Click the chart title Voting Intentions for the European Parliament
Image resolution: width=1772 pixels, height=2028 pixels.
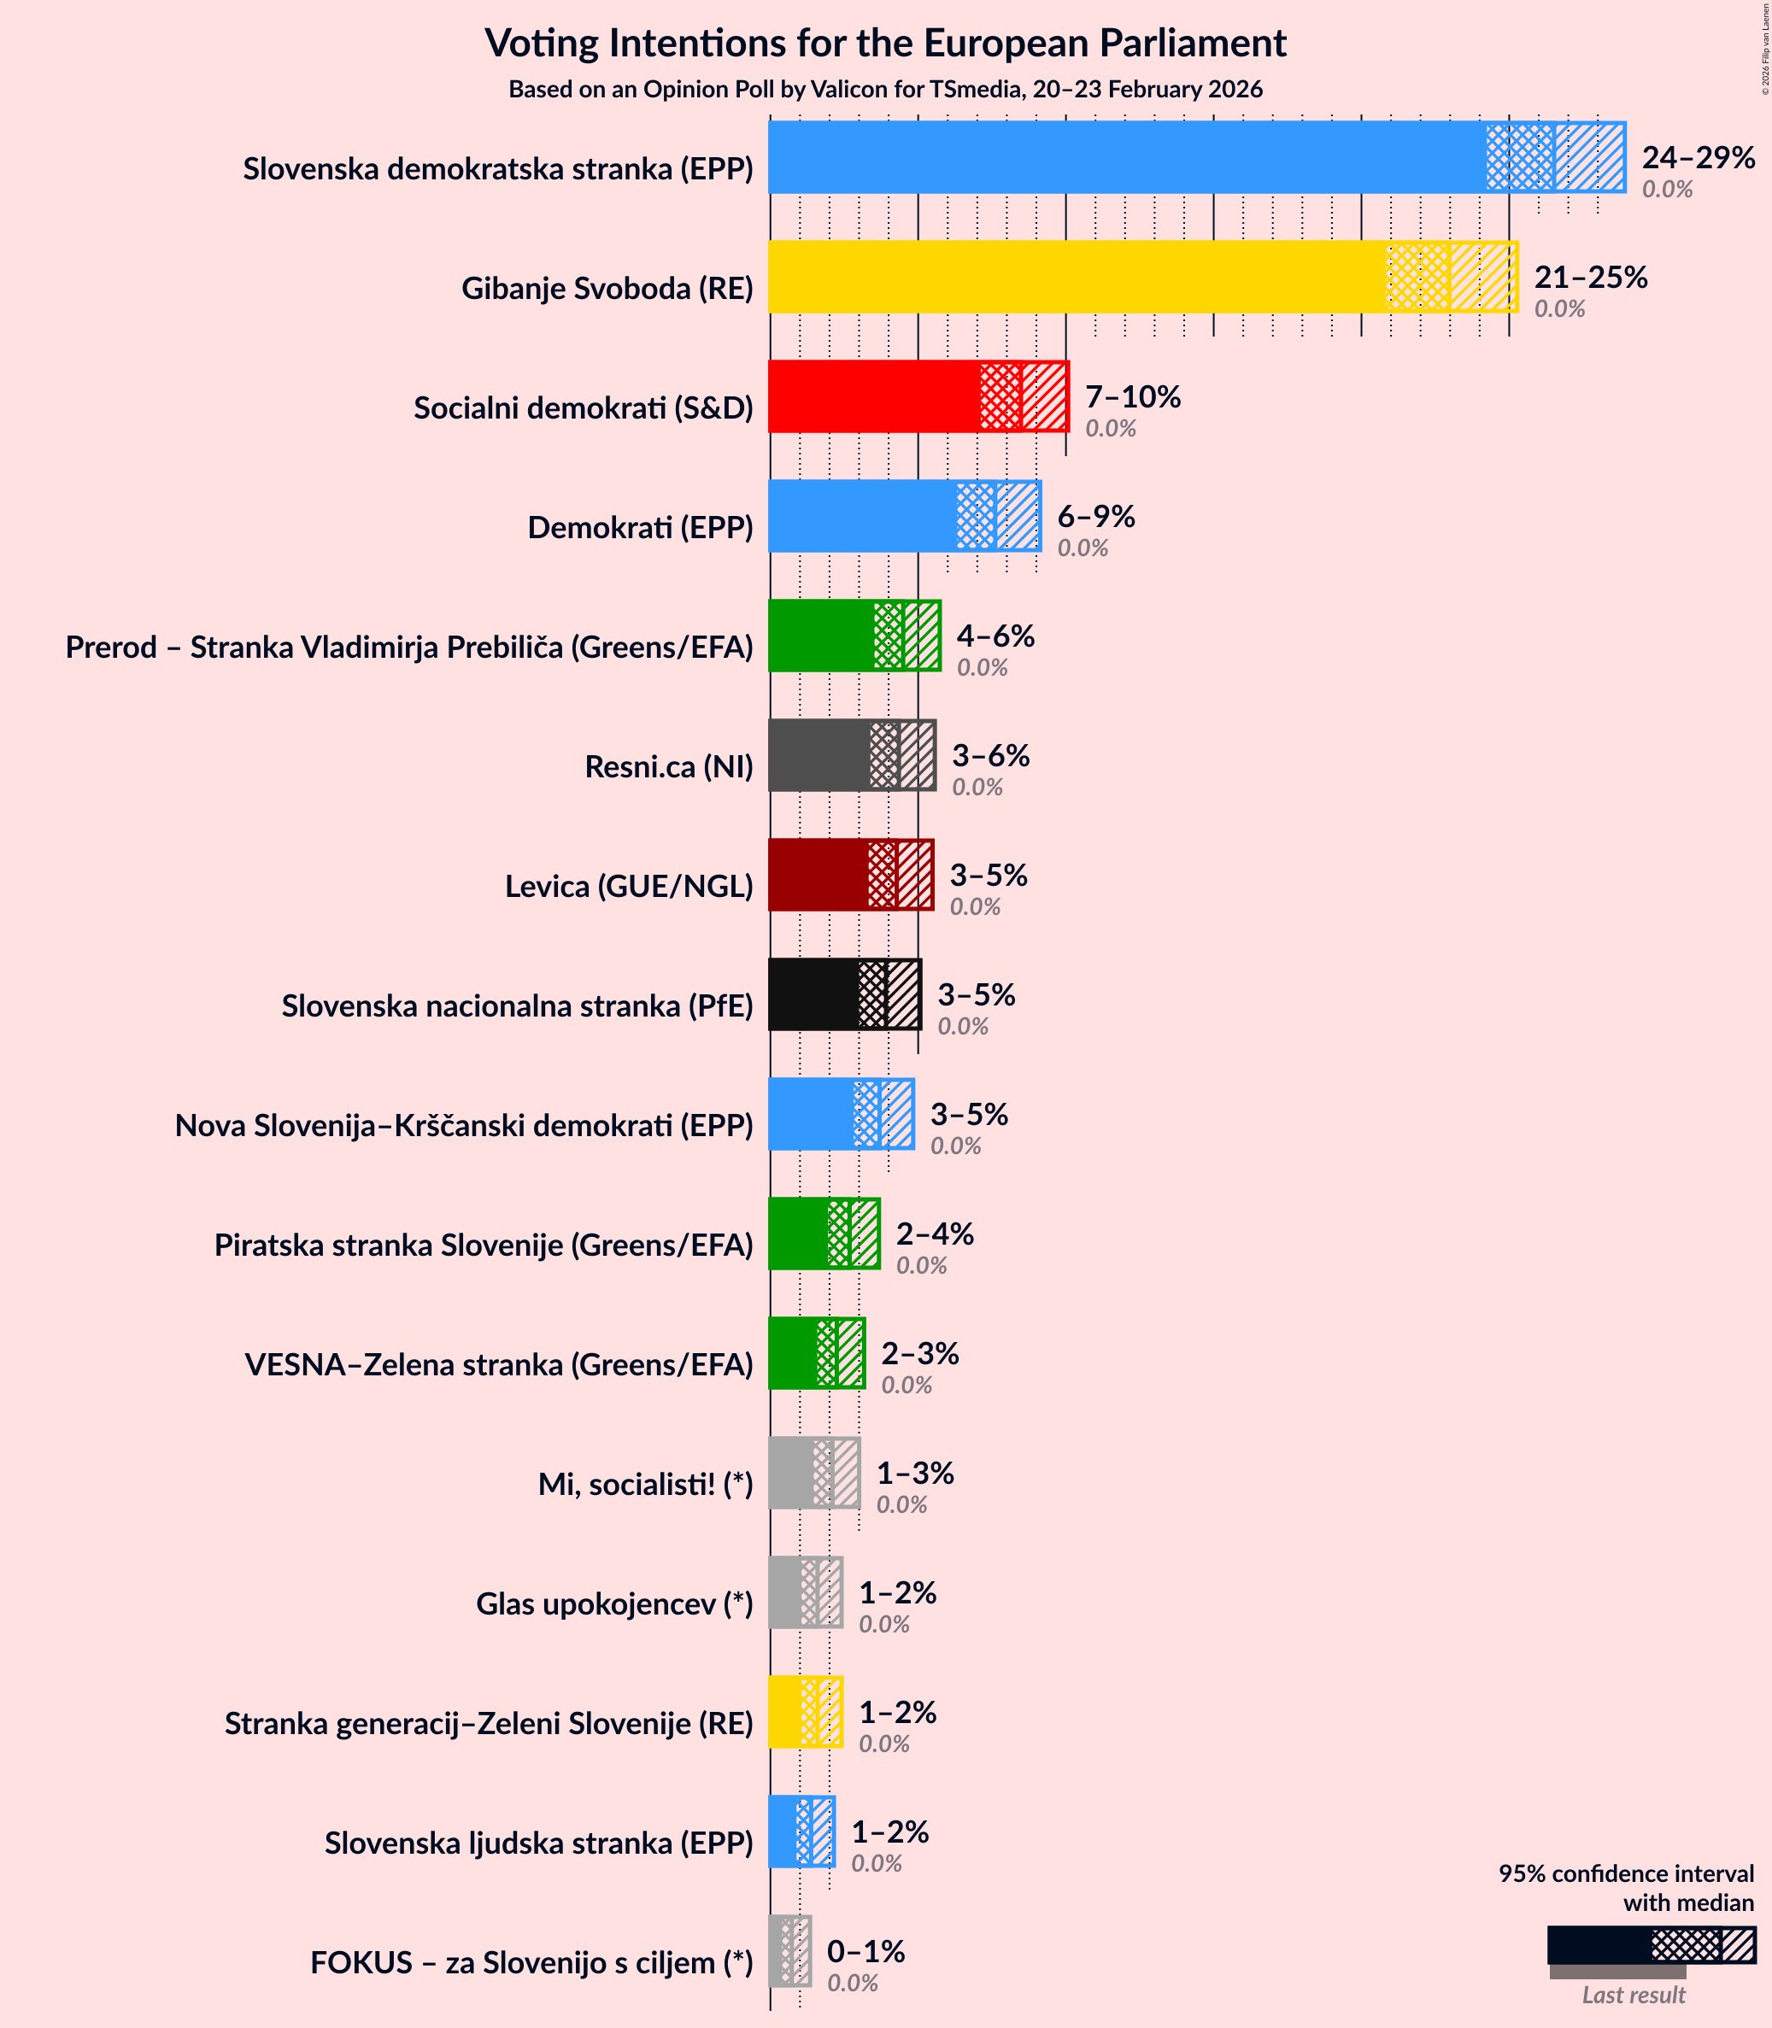pos(885,44)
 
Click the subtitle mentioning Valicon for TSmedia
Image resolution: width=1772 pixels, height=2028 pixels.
pos(885,90)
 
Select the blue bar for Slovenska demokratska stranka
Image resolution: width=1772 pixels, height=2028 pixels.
pos(1127,157)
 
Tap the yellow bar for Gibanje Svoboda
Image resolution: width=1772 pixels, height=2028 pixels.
pos(1078,277)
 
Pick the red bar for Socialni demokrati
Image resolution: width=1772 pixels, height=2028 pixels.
pos(874,396)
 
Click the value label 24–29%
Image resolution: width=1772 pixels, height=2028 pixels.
pos(1698,157)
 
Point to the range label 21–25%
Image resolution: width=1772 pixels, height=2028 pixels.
pos(1590,277)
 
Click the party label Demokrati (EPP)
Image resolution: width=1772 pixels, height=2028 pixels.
pos(640,527)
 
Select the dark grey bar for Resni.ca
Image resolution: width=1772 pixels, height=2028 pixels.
pos(819,755)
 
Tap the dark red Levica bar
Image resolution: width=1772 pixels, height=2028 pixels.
pos(818,875)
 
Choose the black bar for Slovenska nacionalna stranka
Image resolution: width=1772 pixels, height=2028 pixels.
pos(813,994)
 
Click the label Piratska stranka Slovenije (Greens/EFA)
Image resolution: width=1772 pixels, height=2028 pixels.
pos(484,1245)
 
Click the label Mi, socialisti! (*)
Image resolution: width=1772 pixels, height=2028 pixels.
pos(645,1484)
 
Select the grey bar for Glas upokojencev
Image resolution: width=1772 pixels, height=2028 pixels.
pos(785,1593)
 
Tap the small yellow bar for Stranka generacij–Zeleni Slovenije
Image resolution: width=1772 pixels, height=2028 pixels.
pos(785,1713)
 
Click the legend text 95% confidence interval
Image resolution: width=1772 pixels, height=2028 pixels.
pos(1626,1873)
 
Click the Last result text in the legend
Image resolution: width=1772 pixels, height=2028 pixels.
pos(1633,1995)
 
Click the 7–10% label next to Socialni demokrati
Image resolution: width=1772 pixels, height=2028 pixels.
pos(1132,396)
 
